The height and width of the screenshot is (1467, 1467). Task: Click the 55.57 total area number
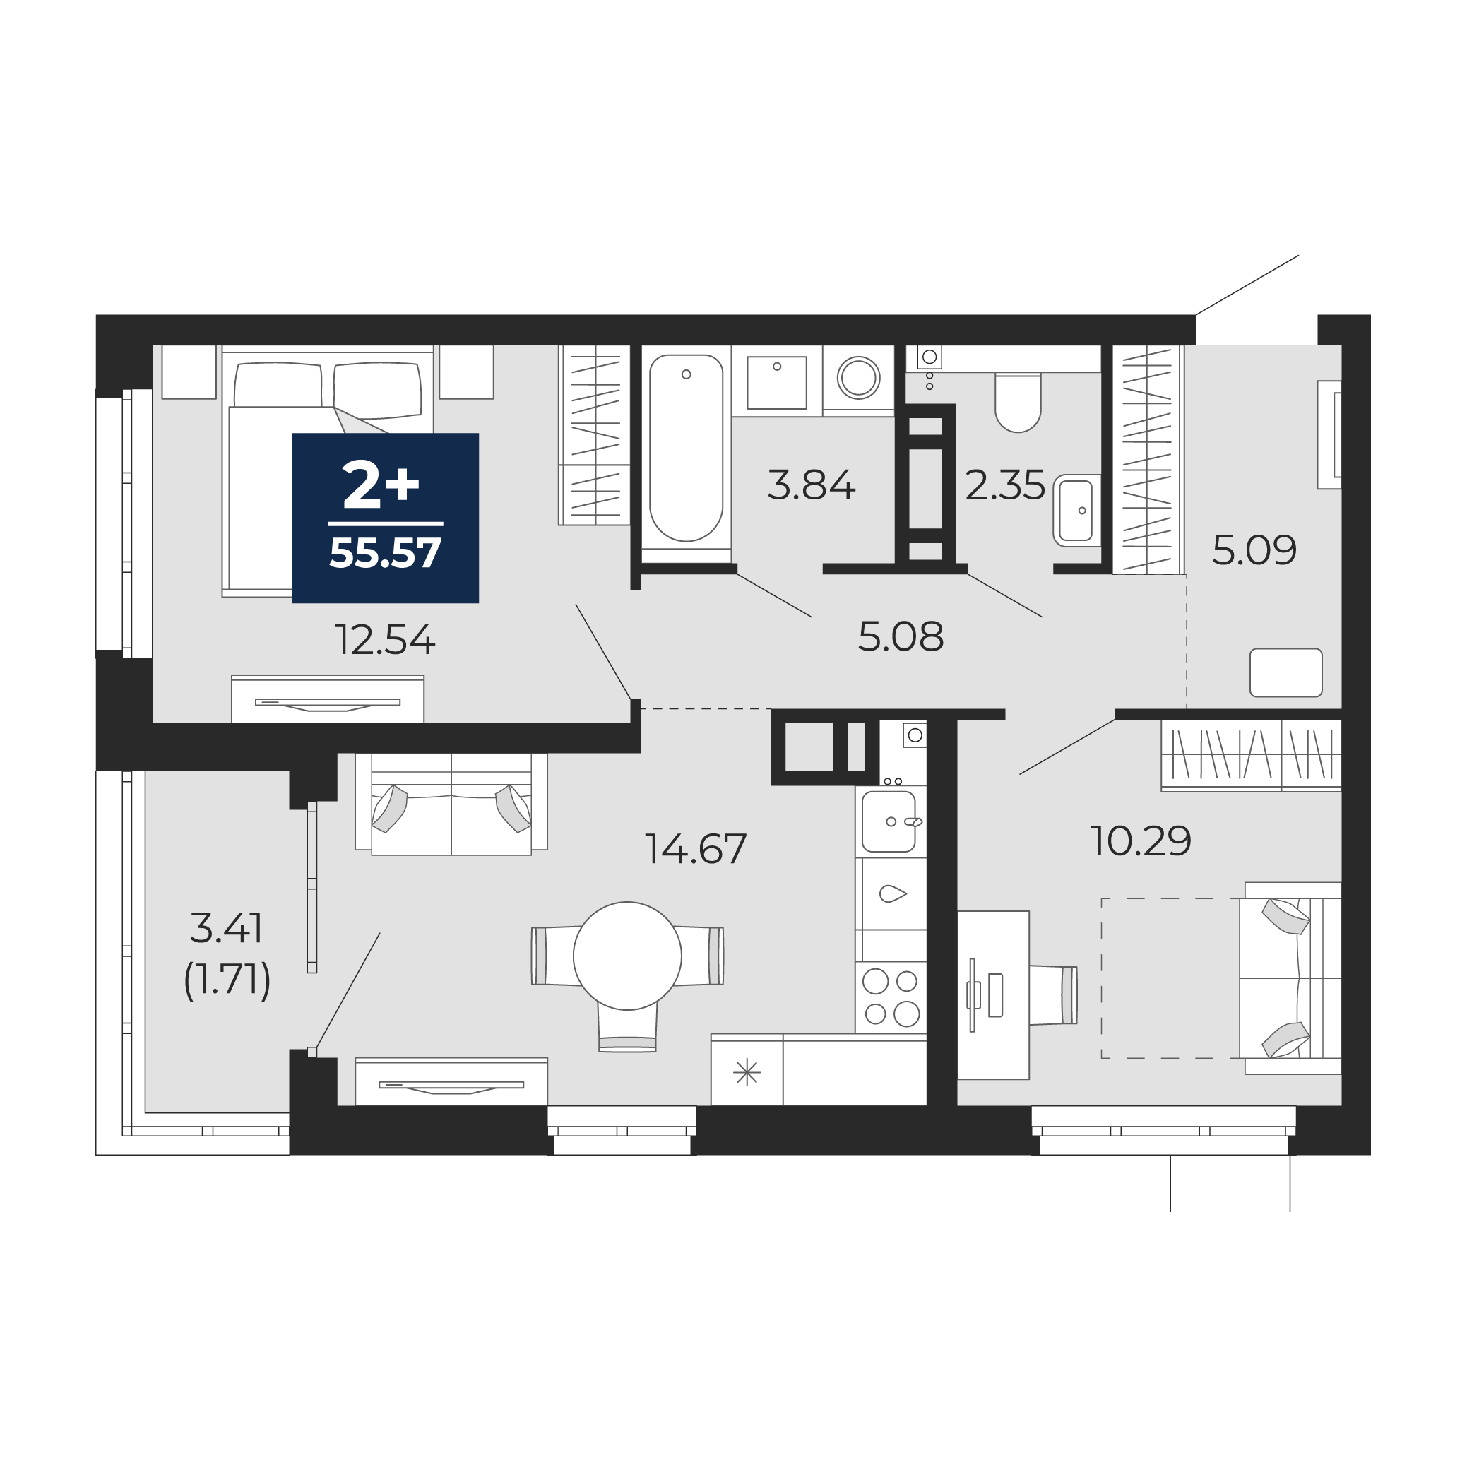pyautogui.click(x=385, y=553)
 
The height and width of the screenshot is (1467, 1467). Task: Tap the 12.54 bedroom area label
pyautogui.click(x=385, y=640)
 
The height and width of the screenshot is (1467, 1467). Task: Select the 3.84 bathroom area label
pyautogui.click(x=811, y=485)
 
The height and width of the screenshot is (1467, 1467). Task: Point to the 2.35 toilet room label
pyautogui.click(x=1004, y=485)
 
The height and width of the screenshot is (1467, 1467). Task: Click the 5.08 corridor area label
pyautogui.click(x=901, y=636)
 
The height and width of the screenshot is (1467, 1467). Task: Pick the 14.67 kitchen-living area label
pyautogui.click(x=696, y=849)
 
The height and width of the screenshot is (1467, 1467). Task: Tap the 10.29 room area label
pyautogui.click(x=1141, y=841)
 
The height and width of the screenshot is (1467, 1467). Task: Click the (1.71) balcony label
pyautogui.click(x=227, y=979)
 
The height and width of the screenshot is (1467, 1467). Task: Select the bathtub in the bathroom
pyautogui.click(x=686, y=448)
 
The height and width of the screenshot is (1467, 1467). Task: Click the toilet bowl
pyautogui.click(x=1018, y=403)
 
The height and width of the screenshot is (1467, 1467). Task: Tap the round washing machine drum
pyautogui.click(x=859, y=377)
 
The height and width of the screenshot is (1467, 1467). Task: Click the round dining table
pyautogui.click(x=627, y=956)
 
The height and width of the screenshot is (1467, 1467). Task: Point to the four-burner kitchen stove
pyautogui.click(x=891, y=997)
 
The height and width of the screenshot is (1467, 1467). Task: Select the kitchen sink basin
pyautogui.click(x=889, y=821)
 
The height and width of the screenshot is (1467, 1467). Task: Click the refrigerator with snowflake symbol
pyautogui.click(x=747, y=1071)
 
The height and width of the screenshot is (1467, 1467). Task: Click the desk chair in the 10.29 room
pyautogui.click(x=1053, y=994)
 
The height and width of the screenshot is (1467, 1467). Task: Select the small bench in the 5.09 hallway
pyautogui.click(x=1286, y=672)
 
